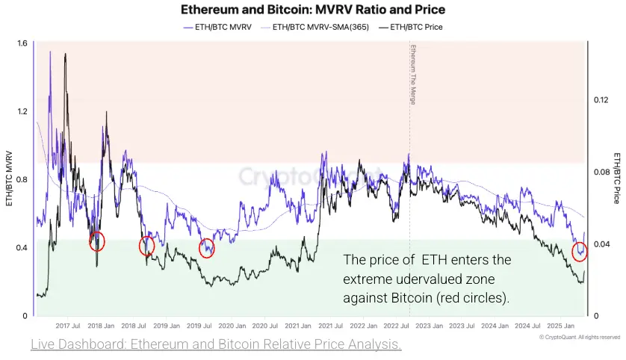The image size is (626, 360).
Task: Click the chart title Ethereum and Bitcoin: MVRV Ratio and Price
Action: [x=313, y=10]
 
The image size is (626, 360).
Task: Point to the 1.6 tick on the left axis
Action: [x=22, y=43]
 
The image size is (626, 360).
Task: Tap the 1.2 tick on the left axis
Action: [x=22, y=111]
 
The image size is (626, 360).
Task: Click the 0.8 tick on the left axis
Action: [x=22, y=179]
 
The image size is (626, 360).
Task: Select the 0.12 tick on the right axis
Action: [x=601, y=99]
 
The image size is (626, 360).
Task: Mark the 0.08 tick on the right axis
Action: [x=601, y=172]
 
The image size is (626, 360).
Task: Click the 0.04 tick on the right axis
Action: [x=601, y=244]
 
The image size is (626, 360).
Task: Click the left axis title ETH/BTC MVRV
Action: [x=9, y=179]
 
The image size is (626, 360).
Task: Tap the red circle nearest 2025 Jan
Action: [x=580, y=252]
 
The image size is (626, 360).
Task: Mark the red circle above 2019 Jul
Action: [x=207, y=249]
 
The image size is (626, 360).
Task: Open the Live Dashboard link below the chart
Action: [x=216, y=344]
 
